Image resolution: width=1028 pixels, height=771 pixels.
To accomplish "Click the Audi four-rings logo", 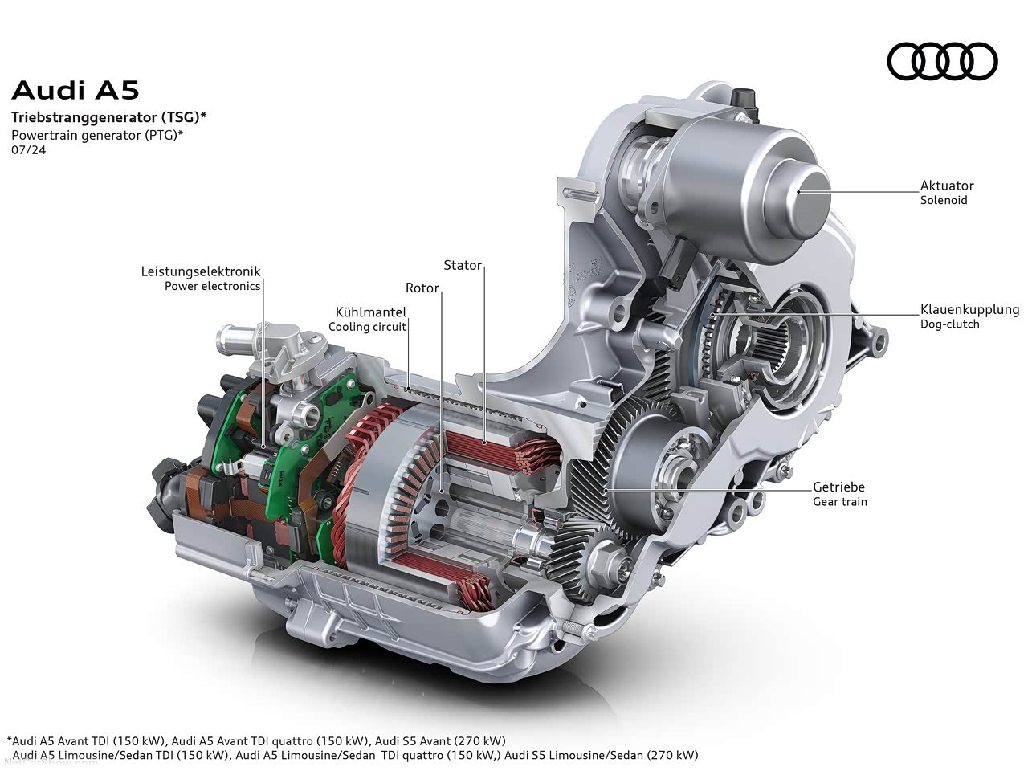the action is point(942,61).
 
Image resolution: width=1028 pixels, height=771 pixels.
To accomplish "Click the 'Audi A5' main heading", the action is point(75,90).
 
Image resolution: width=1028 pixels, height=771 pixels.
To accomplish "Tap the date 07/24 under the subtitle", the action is point(29,150).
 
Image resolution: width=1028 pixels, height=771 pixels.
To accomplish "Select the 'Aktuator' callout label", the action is point(947,186).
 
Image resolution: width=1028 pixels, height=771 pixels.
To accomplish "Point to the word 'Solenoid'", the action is point(943,200).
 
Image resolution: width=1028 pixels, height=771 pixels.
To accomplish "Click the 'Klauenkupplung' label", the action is point(969,310).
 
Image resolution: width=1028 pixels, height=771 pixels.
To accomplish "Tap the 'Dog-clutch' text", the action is point(949,324).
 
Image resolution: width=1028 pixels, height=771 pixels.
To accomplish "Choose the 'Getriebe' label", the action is point(838,487).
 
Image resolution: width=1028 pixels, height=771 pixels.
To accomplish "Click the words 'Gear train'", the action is point(840,501).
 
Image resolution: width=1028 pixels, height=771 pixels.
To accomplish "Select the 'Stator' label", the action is point(463,265).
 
